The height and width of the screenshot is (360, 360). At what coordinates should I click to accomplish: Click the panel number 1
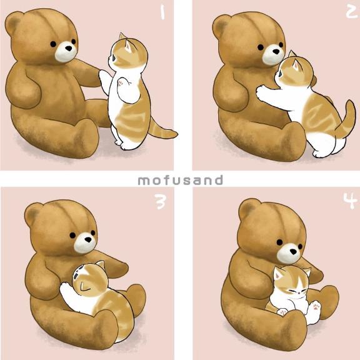tap(162, 12)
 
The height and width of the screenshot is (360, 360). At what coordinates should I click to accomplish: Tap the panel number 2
tap(351, 11)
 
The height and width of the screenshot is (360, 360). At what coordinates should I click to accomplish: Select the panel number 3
tap(160, 202)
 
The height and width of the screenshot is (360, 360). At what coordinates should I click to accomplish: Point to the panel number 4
tap(351, 201)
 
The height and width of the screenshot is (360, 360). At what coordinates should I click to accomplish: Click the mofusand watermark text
tap(180, 180)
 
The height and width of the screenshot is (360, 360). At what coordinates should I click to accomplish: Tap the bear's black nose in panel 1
tap(68, 48)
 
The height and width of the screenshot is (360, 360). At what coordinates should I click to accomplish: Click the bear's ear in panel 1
tap(13, 23)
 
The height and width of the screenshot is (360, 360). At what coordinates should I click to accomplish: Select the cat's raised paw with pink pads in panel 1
tap(124, 83)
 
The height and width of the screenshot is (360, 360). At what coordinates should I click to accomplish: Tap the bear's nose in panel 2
tap(276, 51)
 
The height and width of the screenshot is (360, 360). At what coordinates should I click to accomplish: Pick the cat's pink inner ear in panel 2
tap(296, 66)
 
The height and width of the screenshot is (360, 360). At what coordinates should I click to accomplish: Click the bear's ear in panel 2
tap(221, 25)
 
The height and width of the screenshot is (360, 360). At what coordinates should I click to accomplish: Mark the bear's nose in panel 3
tap(88, 239)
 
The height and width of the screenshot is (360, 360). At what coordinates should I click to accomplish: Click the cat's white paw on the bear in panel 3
tap(67, 291)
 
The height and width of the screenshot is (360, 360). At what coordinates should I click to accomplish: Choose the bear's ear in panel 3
tap(33, 214)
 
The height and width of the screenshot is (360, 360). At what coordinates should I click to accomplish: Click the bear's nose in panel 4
tap(293, 251)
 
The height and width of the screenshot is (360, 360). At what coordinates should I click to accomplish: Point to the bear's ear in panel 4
tap(247, 209)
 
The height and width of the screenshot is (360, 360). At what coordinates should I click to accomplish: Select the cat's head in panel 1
tap(128, 54)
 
